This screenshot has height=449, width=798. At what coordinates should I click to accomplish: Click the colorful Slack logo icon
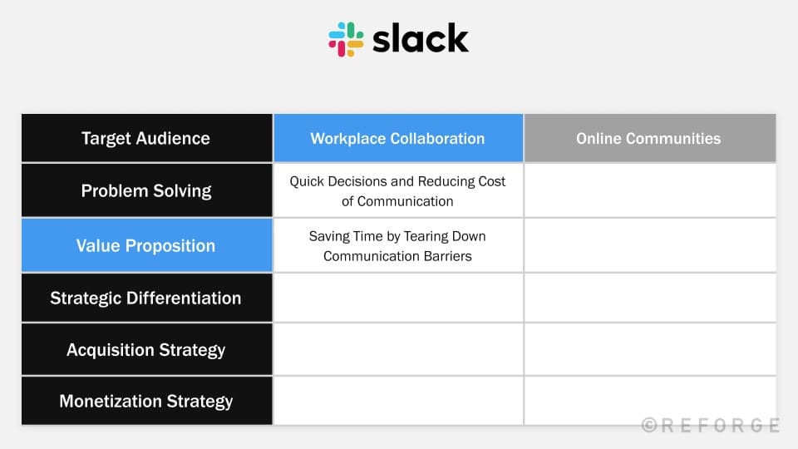(346, 39)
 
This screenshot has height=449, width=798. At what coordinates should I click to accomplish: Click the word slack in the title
(421, 38)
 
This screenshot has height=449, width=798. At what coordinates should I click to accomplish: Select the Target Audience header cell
(146, 138)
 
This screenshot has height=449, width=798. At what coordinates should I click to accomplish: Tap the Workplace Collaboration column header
(398, 138)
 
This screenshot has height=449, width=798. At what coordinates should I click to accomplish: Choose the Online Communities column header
(650, 138)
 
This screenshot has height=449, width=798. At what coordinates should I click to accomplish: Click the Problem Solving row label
(146, 190)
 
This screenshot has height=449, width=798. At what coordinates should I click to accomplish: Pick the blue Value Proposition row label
(146, 245)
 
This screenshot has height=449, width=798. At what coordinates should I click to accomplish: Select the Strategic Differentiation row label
(146, 298)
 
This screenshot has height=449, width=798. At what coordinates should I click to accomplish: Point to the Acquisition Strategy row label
(146, 350)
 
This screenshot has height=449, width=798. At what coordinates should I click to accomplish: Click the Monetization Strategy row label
(146, 401)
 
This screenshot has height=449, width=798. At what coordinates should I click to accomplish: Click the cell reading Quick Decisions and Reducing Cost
(398, 190)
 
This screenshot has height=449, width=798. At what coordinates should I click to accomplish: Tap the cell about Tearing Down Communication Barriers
(398, 245)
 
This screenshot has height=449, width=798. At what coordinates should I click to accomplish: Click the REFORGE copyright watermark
(711, 425)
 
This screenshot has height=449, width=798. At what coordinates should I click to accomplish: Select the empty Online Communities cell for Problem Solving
(650, 190)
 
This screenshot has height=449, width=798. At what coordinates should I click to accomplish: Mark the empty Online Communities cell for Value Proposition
(650, 245)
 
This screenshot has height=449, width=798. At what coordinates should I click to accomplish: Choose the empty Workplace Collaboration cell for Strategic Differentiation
(398, 298)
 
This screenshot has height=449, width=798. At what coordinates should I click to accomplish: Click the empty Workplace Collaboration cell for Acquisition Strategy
(398, 350)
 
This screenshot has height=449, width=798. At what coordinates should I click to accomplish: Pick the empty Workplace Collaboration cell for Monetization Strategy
(398, 401)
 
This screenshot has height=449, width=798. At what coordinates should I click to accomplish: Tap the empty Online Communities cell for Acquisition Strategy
(650, 350)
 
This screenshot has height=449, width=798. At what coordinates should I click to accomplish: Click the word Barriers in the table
(448, 256)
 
